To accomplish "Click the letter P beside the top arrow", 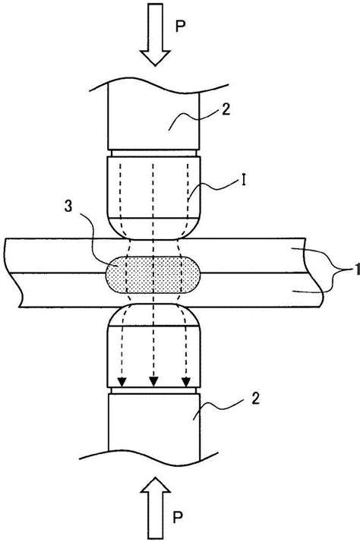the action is coord(180,26).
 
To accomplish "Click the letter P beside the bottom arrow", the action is coord(178,517).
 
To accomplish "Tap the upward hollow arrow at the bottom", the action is coord(155,508).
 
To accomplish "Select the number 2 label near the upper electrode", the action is coord(226,110).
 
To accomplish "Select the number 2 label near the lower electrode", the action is coord(255,399).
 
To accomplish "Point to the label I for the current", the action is coord(244,181).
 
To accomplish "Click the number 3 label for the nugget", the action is coord(68,206).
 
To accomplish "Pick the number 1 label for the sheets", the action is coord(357,269).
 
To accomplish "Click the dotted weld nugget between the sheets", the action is coord(153,275).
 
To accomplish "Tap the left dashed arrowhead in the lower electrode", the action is coord(122,382).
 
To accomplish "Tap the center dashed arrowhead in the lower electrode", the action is coord(154,382).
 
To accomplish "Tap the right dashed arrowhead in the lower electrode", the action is coord(186,382).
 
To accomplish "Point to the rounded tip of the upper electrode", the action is coord(154,228).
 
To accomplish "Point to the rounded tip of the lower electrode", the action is coord(154,315).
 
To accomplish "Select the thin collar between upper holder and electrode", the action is coord(154,153).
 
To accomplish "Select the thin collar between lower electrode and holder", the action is coord(154,390).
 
